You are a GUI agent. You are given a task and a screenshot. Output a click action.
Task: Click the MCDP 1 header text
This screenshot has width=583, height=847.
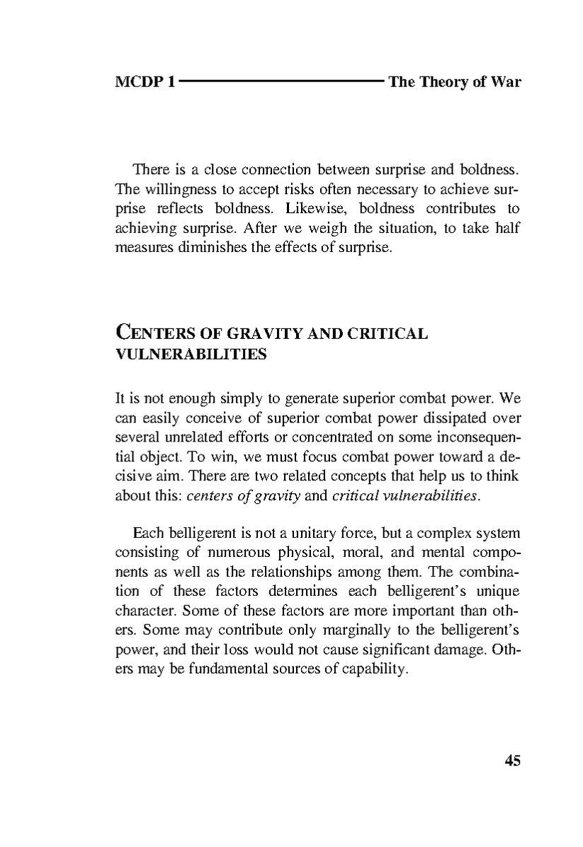145,82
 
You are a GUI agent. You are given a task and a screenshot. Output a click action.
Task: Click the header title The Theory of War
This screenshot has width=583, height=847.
454,82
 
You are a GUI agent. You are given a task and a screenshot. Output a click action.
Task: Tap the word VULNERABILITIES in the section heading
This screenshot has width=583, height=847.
191,355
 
